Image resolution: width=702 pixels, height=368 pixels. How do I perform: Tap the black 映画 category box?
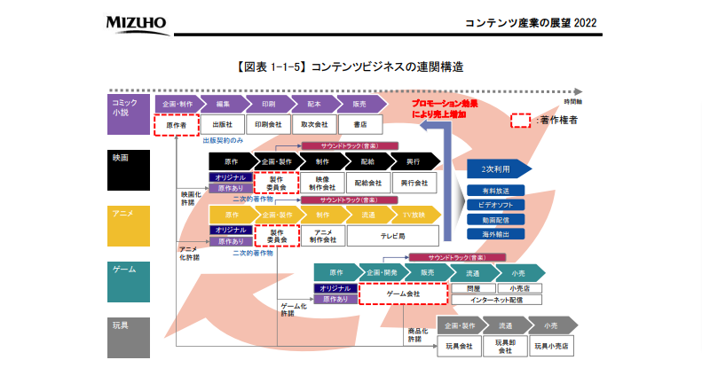tap(128, 169)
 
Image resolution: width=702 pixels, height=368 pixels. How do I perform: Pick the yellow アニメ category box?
tap(128, 226)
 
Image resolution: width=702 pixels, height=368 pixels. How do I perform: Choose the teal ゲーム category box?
tap(128, 281)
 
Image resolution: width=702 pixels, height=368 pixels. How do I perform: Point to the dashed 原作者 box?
tap(175, 125)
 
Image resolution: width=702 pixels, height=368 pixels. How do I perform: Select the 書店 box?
tap(359, 125)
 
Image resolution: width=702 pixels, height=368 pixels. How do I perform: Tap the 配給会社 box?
tap(367, 183)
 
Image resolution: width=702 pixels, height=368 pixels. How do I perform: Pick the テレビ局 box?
tap(392, 237)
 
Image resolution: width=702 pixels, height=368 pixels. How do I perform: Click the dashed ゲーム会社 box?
tap(402, 294)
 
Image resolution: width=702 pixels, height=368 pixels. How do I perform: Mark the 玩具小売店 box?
tap(551, 345)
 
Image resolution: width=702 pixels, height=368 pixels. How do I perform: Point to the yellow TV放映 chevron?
tap(416, 215)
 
